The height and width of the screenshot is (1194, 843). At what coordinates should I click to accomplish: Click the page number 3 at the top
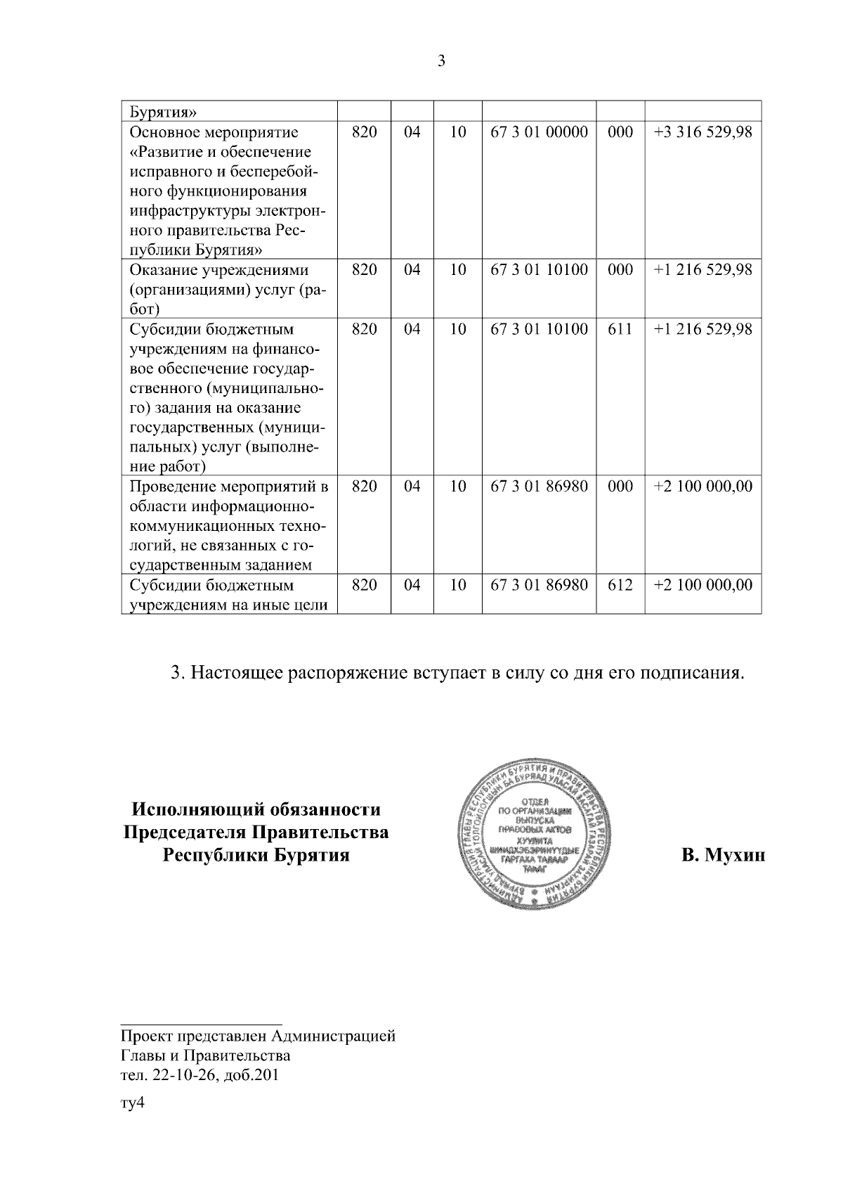(x=441, y=62)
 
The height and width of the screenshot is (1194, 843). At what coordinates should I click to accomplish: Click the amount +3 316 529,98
(x=702, y=132)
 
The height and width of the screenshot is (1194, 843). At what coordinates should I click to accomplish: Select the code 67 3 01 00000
(x=539, y=132)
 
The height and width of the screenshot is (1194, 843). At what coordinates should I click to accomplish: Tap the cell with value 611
(x=620, y=329)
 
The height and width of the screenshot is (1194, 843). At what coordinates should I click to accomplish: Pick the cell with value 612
(x=620, y=585)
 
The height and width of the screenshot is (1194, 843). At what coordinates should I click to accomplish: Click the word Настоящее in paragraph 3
(x=236, y=673)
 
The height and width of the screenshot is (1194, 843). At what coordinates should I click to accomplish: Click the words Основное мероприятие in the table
(x=214, y=132)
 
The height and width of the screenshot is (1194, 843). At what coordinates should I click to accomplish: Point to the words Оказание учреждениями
(x=219, y=270)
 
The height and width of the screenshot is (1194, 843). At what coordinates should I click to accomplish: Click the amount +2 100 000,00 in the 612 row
(x=702, y=585)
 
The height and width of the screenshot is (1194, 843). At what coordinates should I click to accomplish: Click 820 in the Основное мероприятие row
(x=364, y=132)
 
